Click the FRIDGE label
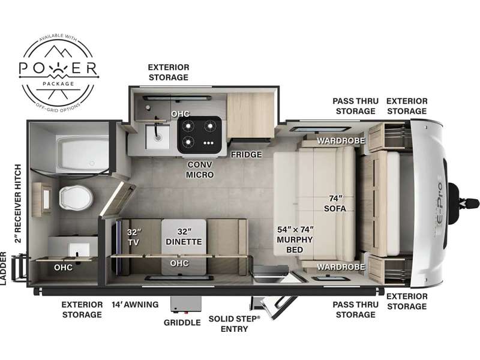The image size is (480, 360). pyautogui.click(x=247, y=155)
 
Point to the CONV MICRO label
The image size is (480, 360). pyautogui.click(x=200, y=169)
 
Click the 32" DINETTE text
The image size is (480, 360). pyautogui.click(x=184, y=237)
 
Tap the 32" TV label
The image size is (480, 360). pyautogui.click(x=133, y=237)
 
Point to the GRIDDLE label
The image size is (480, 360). pyautogui.click(x=182, y=322)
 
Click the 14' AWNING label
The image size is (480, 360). pyautogui.click(x=134, y=305)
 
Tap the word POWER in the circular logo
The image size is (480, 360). pyautogui.click(x=58, y=67)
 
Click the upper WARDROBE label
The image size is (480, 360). pyautogui.click(x=332, y=142)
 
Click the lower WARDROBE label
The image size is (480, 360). pyautogui.click(x=332, y=266)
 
